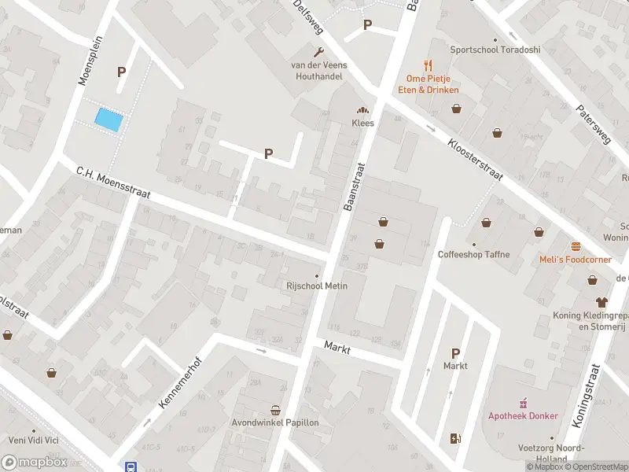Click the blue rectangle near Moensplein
point(109,120)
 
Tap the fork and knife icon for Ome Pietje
point(428,65)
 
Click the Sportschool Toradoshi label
point(495,50)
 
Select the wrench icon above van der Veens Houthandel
point(308,50)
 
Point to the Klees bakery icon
point(362,110)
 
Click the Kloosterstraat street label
point(475,161)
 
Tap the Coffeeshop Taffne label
point(473,254)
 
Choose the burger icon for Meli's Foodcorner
point(576,245)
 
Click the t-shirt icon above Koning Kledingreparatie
point(602,301)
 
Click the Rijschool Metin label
point(317,286)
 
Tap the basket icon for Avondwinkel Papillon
point(275,410)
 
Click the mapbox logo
point(35,463)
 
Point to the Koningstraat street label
point(587,396)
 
